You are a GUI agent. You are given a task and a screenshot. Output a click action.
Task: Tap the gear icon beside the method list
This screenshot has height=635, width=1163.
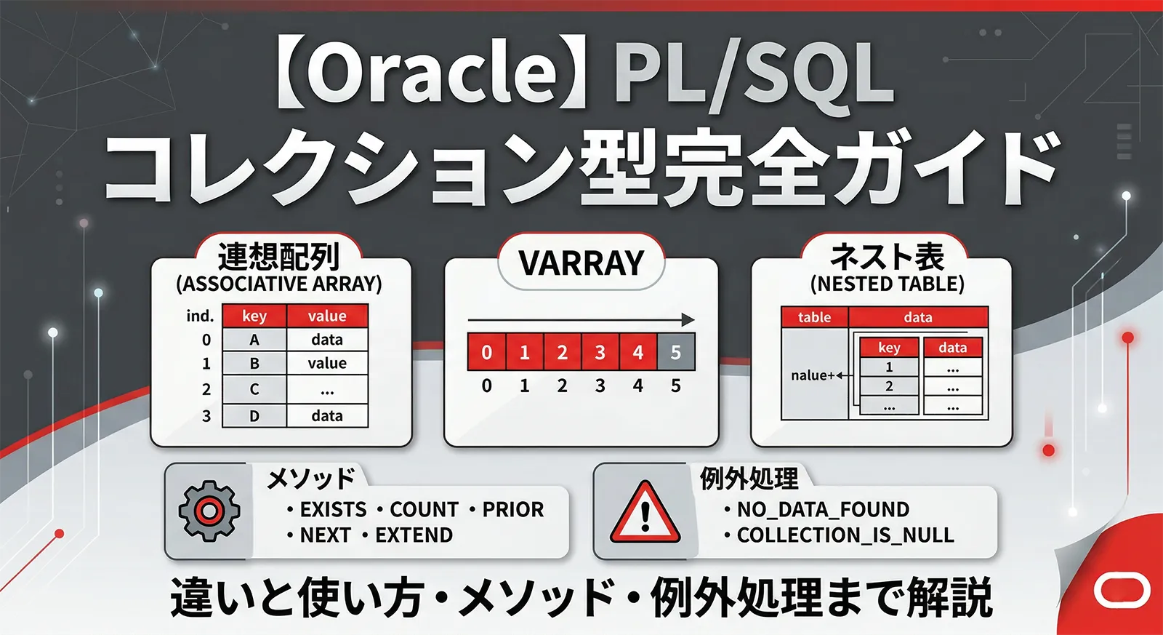coord(209,511)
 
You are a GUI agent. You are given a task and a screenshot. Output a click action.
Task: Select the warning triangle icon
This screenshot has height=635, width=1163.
coord(645,513)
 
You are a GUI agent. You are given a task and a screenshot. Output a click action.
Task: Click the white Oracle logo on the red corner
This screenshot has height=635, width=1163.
coord(1122,590)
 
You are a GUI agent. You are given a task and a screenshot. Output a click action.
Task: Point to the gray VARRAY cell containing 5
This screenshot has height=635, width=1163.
coord(676,353)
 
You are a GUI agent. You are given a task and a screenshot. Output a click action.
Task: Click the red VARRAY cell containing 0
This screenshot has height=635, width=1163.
coord(486,353)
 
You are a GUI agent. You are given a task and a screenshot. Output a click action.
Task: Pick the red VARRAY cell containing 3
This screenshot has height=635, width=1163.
coord(600,353)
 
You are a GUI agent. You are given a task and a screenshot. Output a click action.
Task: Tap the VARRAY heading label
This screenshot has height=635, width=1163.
coord(581,263)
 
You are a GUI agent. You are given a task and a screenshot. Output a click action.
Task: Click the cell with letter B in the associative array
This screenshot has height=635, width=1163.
coord(254,363)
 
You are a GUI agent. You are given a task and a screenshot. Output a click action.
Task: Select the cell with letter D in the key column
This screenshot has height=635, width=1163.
coord(254,416)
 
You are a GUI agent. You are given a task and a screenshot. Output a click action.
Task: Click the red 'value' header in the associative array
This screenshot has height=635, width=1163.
coord(327,316)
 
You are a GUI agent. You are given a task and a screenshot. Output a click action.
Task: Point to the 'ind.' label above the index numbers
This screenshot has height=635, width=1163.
coord(200,316)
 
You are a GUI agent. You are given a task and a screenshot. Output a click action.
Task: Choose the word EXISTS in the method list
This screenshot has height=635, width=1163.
coord(333,509)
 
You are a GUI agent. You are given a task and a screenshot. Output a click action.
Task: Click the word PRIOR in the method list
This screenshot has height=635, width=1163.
coord(513,509)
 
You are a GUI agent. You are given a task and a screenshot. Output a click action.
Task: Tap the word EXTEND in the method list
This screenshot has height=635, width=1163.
coord(414,535)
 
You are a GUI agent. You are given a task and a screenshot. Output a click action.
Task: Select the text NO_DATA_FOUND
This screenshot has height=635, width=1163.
coord(823,509)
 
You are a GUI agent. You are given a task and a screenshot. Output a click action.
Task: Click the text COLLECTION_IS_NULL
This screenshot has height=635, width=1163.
coord(845,535)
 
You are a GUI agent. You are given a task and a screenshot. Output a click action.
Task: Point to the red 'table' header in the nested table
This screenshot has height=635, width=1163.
coord(814,317)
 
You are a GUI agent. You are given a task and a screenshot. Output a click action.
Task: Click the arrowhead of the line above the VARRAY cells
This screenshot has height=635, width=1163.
coord(688,319)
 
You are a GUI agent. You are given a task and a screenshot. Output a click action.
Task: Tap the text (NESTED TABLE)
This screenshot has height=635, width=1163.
coord(887,284)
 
